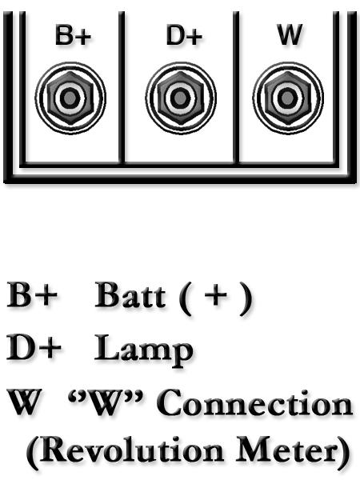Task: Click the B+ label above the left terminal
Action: pyautogui.click(x=73, y=35)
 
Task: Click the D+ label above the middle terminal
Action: pyautogui.click(x=184, y=35)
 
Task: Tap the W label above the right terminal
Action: pyautogui.click(x=290, y=34)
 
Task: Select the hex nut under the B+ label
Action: pyautogui.click(x=70, y=98)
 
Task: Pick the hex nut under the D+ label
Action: pyautogui.click(x=181, y=98)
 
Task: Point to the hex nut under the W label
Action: pyautogui.click(x=288, y=98)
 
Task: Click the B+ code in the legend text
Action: pyautogui.click(x=32, y=295)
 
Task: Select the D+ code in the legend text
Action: pyautogui.click(x=34, y=347)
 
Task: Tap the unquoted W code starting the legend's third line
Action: pyautogui.click(x=25, y=402)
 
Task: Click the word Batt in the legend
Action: pyautogui.click(x=130, y=294)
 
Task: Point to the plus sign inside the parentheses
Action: pyautogui.click(x=216, y=295)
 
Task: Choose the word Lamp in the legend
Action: pyautogui.click(x=143, y=350)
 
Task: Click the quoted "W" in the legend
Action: pyautogui.click(x=106, y=402)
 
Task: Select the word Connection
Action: pyautogui.click(x=254, y=402)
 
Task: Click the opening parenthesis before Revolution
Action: pyautogui.click(x=33, y=453)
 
